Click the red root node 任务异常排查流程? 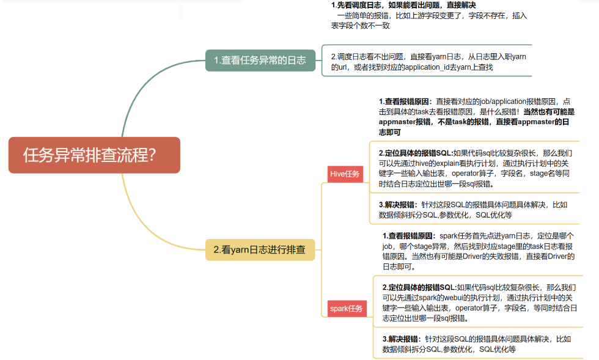pos(94,155)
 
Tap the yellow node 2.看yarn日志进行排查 pos(260,249)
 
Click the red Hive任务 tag pos(345,174)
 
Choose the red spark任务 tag pos(346,309)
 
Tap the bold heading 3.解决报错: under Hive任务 pos(398,205)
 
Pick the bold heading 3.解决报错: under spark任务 pos(402,339)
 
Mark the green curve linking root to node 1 pos(153,86)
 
